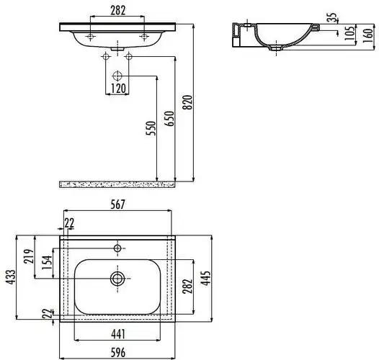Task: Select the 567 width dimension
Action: (x=118, y=205)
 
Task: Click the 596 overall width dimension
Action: (x=119, y=353)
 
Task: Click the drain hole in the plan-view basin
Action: (x=116, y=277)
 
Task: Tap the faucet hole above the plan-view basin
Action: (x=117, y=248)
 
